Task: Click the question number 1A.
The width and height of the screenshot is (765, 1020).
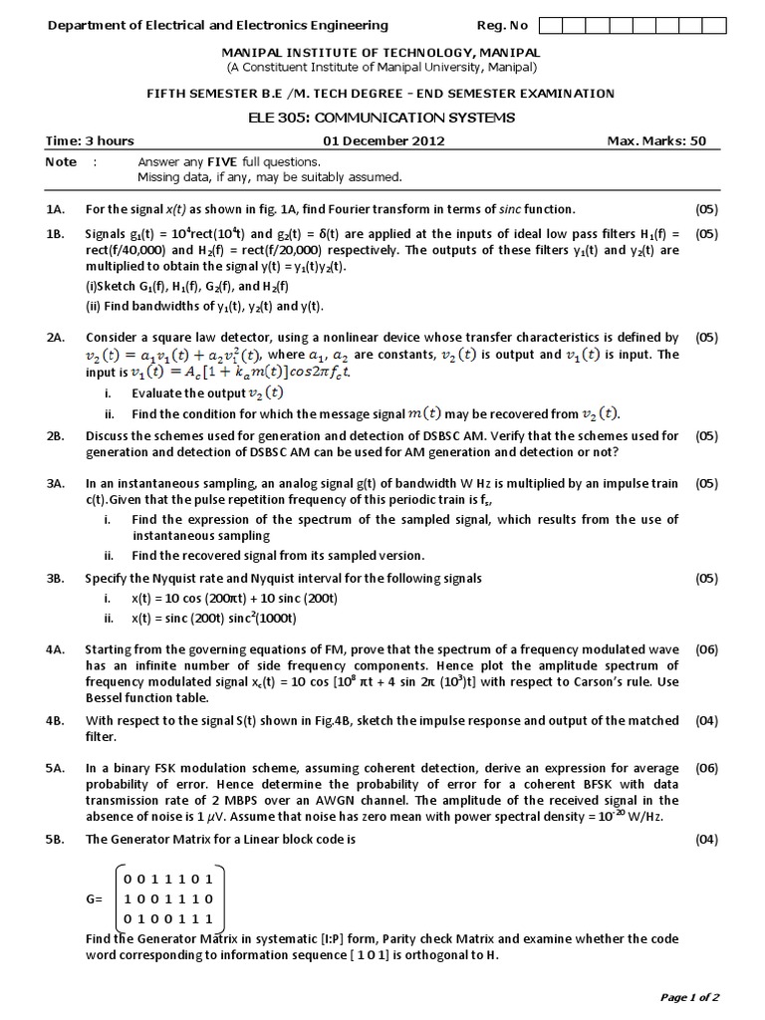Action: point(55,209)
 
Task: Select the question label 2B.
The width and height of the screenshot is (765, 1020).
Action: point(55,435)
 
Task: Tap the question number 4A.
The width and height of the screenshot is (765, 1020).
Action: point(55,649)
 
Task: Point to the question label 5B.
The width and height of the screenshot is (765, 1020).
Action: point(55,839)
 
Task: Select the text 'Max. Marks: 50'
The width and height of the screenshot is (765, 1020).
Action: point(656,140)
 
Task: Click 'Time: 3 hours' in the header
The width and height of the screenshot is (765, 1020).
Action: point(90,140)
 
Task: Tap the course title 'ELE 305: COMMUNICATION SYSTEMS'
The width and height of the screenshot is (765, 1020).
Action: point(382,117)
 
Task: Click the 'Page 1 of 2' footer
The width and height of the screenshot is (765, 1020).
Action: point(689,996)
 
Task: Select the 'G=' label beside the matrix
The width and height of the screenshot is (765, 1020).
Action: point(97,899)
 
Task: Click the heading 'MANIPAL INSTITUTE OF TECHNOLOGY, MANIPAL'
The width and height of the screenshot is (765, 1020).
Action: point(382,52)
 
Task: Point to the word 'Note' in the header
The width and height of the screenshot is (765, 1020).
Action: point(61,161)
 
